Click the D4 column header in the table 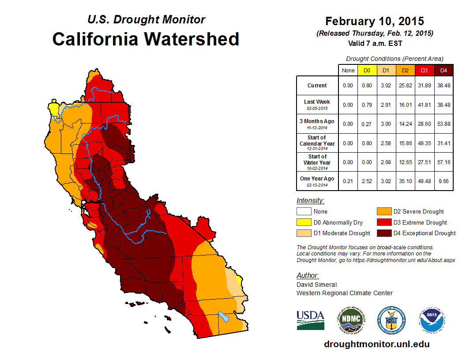[x=443, y=71]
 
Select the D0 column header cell [x=367, y=71]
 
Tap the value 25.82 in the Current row [x=405, y=86]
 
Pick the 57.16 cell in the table [x=443, y=162]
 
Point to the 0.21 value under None [x=348, y=181]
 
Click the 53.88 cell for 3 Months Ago [x=443, y=124]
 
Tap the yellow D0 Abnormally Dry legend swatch [x=304, y=222]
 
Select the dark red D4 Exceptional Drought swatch [x=384, y=233]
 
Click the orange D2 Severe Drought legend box [x=384, y=211]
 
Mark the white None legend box [x=304, y=211]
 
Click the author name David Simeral [x=316, y=285]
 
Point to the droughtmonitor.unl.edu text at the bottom [x=376, y=344]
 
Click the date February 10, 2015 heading [x=375, y=21]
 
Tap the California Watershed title [x=146, y=39]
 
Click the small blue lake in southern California [x=224, y=317]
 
